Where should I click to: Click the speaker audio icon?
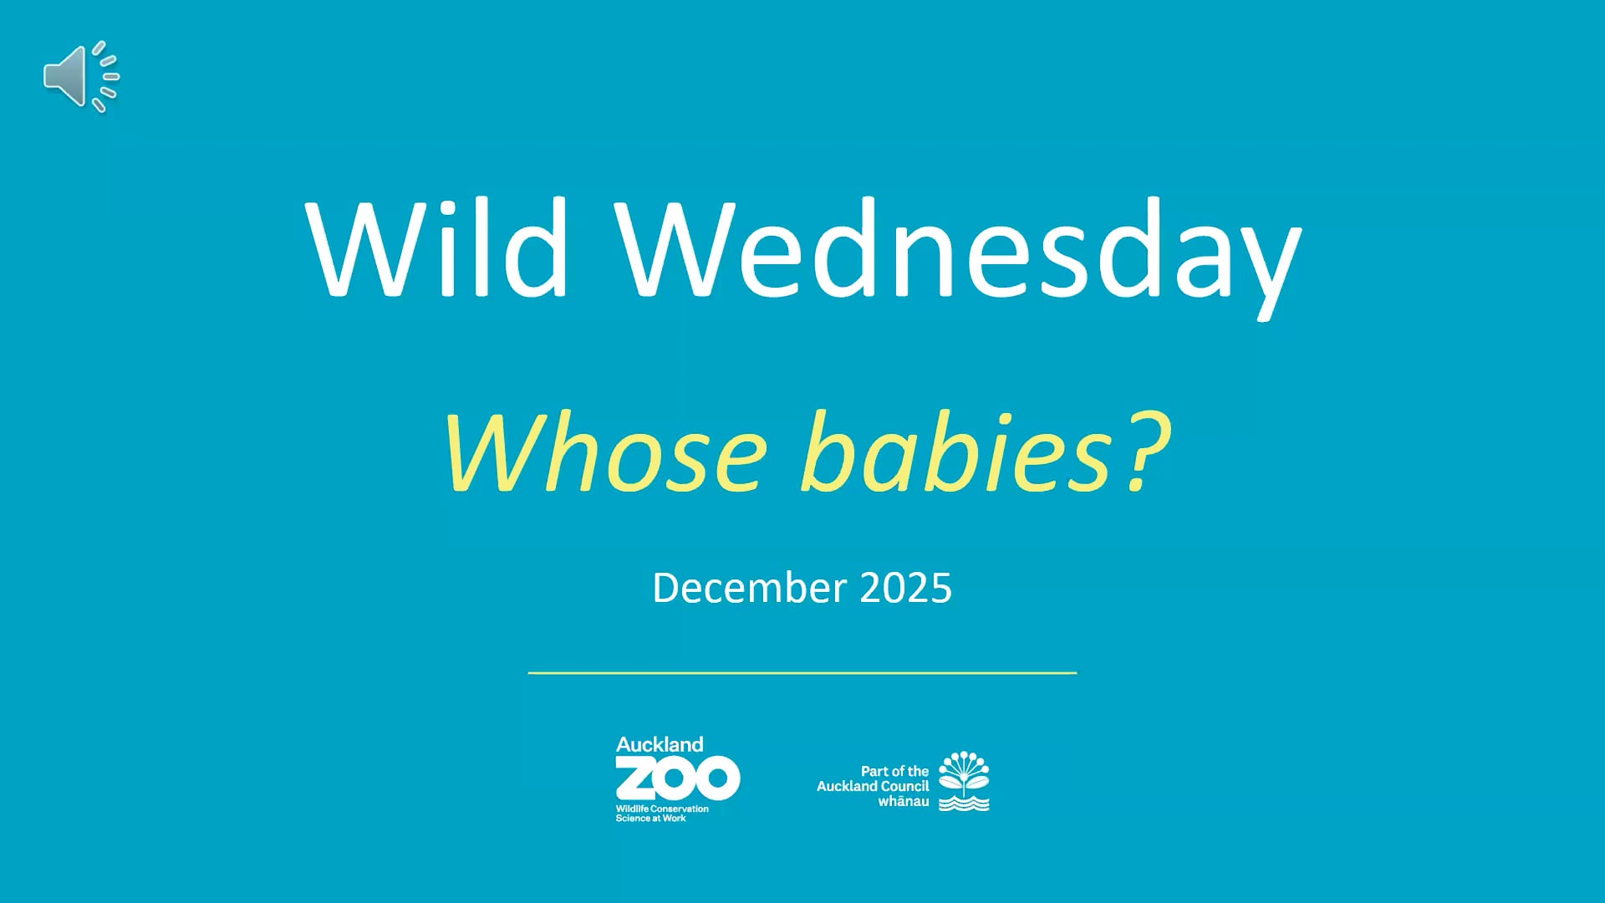point(81,76)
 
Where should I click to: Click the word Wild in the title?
point(437,247)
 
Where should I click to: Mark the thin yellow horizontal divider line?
point(802,672)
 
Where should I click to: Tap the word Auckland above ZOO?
point(660,744)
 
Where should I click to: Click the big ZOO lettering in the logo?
point(678,778)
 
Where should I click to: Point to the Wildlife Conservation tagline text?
point(662,814)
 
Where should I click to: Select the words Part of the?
point(894,771)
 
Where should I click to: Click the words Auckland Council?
point(873,786)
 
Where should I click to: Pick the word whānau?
point(903,801)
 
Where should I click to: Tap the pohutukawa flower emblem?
point(964,773)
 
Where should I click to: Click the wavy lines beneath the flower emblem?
point(964,804)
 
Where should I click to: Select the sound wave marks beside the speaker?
point(106,76)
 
